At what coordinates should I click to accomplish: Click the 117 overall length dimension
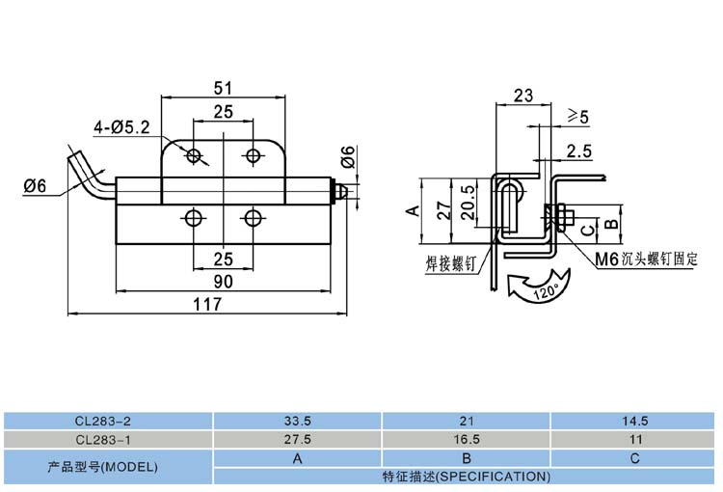pyautogui.click(x=207, y=304)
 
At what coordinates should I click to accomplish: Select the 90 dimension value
pyautogui.click(x=223, y=282)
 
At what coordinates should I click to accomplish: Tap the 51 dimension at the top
pyautogui.click(x=224, y=88)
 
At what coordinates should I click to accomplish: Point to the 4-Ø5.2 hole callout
pyautogui.click(x=121, y=127)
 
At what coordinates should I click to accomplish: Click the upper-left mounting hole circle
pyautogui.click(x=194, y=155)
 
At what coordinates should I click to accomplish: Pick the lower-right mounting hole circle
pyautogui.click(x=253, y=217)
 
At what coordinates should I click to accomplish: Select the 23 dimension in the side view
pyautogui.click(x=523, y=96)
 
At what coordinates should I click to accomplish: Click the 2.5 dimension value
pyautogui.click(x=579, y=150)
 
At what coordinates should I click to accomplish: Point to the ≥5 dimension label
pyautogui.click(x=577, y=116)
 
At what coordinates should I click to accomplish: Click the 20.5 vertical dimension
pyautogui.click(x=468, y=203)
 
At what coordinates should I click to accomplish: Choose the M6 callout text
pyautogui.click(x=606, y=260)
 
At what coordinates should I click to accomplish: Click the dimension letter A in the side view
pyautogui.click(x=414, y=210)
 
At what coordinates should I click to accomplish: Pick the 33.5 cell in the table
pyautogui.click(x=298, y=421)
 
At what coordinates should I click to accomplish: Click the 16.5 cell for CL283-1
pyautogui.click(x=467, y=439)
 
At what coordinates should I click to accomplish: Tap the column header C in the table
pyautogui.click(x=634, y=458)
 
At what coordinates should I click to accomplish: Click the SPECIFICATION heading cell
pyautogui.click(x=467, y=477)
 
